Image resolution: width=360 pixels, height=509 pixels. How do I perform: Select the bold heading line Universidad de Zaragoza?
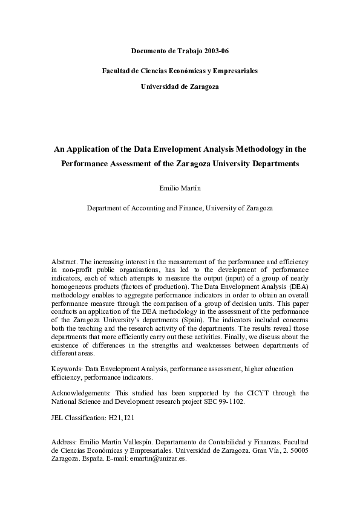180,86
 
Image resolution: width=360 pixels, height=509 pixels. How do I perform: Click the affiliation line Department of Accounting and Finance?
180,208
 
